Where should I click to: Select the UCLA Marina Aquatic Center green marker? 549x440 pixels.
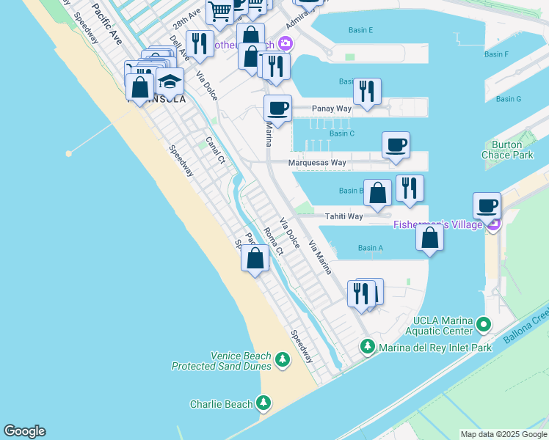point(483,323)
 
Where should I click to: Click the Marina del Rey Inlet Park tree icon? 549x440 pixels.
point(368,345)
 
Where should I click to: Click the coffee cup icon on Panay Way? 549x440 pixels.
point(278,109)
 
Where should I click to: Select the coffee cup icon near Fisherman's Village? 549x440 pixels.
point(487,205)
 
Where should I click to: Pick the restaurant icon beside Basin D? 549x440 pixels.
point(366,92)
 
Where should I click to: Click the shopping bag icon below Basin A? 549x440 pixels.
point(429,238)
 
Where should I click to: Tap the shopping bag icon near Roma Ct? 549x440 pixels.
point(255,258)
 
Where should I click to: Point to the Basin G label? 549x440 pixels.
point(508,99)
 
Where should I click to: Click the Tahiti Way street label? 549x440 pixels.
point(345,216)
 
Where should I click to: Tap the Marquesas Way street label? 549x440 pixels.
point(317,163)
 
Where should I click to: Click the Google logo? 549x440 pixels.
point(24,431)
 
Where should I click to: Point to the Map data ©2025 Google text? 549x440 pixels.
point(503,434)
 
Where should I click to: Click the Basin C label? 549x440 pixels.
point(342,133)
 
